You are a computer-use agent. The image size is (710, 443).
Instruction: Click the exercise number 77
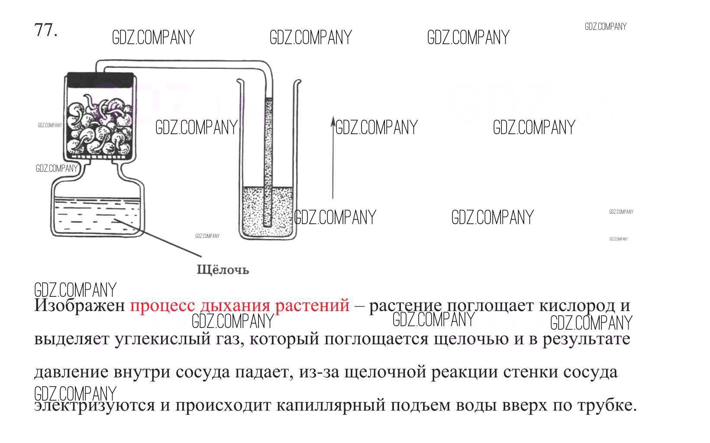pos(45,30)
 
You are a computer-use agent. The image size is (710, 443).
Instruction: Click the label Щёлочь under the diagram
pos(223,270)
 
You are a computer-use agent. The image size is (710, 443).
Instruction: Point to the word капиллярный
pos(330,405)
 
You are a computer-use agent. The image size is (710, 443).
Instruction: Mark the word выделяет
pos(71,339)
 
